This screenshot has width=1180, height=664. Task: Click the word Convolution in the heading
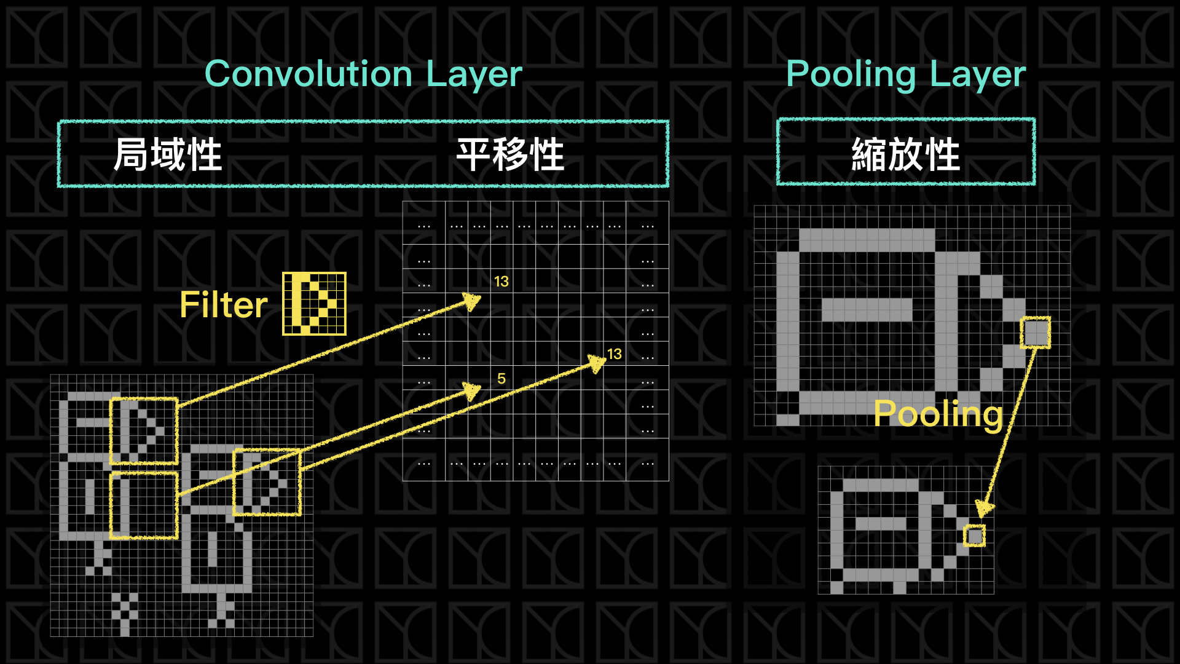pos(308,74)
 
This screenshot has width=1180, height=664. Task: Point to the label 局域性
pos(167,154)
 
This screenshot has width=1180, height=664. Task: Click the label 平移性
pos(510,154)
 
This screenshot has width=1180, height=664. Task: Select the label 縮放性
pos(905,154)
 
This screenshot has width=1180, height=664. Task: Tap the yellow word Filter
pos(224,305)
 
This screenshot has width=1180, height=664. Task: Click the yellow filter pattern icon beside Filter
pos(314,304)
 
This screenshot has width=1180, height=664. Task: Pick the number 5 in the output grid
pos(502,379)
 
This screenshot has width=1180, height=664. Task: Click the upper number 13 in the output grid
pos(502,282)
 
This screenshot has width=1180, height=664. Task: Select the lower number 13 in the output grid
pos(615,354)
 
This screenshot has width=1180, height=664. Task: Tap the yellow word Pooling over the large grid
pos(938,413)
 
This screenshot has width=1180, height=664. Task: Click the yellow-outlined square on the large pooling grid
pos(1036,333)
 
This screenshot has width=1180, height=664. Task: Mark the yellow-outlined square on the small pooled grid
pos(974,536)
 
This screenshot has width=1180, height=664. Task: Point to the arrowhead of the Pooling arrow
pos(984,508)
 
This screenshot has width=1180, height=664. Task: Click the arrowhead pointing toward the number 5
pos(473,389)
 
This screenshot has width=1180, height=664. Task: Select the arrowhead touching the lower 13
pos(597,363)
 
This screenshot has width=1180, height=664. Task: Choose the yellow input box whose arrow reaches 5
pos(144,505)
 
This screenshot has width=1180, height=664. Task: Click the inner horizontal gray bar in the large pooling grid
pos(867,309)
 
